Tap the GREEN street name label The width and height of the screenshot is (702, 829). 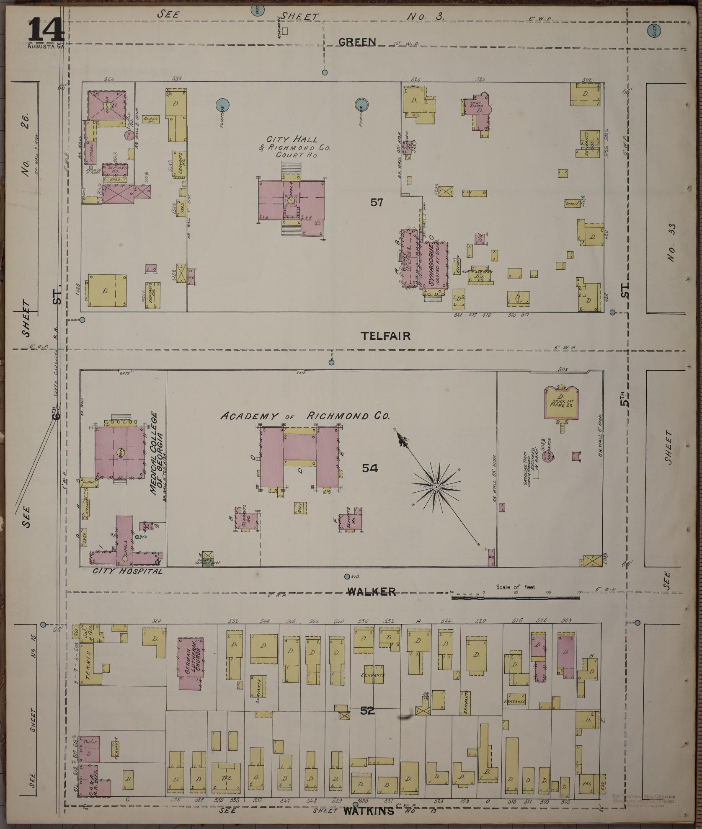click(x=357, y=42)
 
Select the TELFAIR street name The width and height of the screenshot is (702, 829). click(x=385, y=336)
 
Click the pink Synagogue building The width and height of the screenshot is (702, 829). click(x=434, y=265)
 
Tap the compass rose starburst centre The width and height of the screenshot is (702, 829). click(x=436, y=487)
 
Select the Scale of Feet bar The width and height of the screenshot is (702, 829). click(x=515, y=597)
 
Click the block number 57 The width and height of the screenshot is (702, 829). click(x=377, y=202)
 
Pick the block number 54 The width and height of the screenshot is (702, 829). click(x=370, y=468)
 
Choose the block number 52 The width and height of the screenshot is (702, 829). click(x=367, y=711)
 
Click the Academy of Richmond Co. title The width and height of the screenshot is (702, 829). click(x=305, y=416)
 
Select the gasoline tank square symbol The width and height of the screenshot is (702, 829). click(x=536, y=475)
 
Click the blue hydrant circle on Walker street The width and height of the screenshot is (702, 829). click(x=347, y=577)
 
